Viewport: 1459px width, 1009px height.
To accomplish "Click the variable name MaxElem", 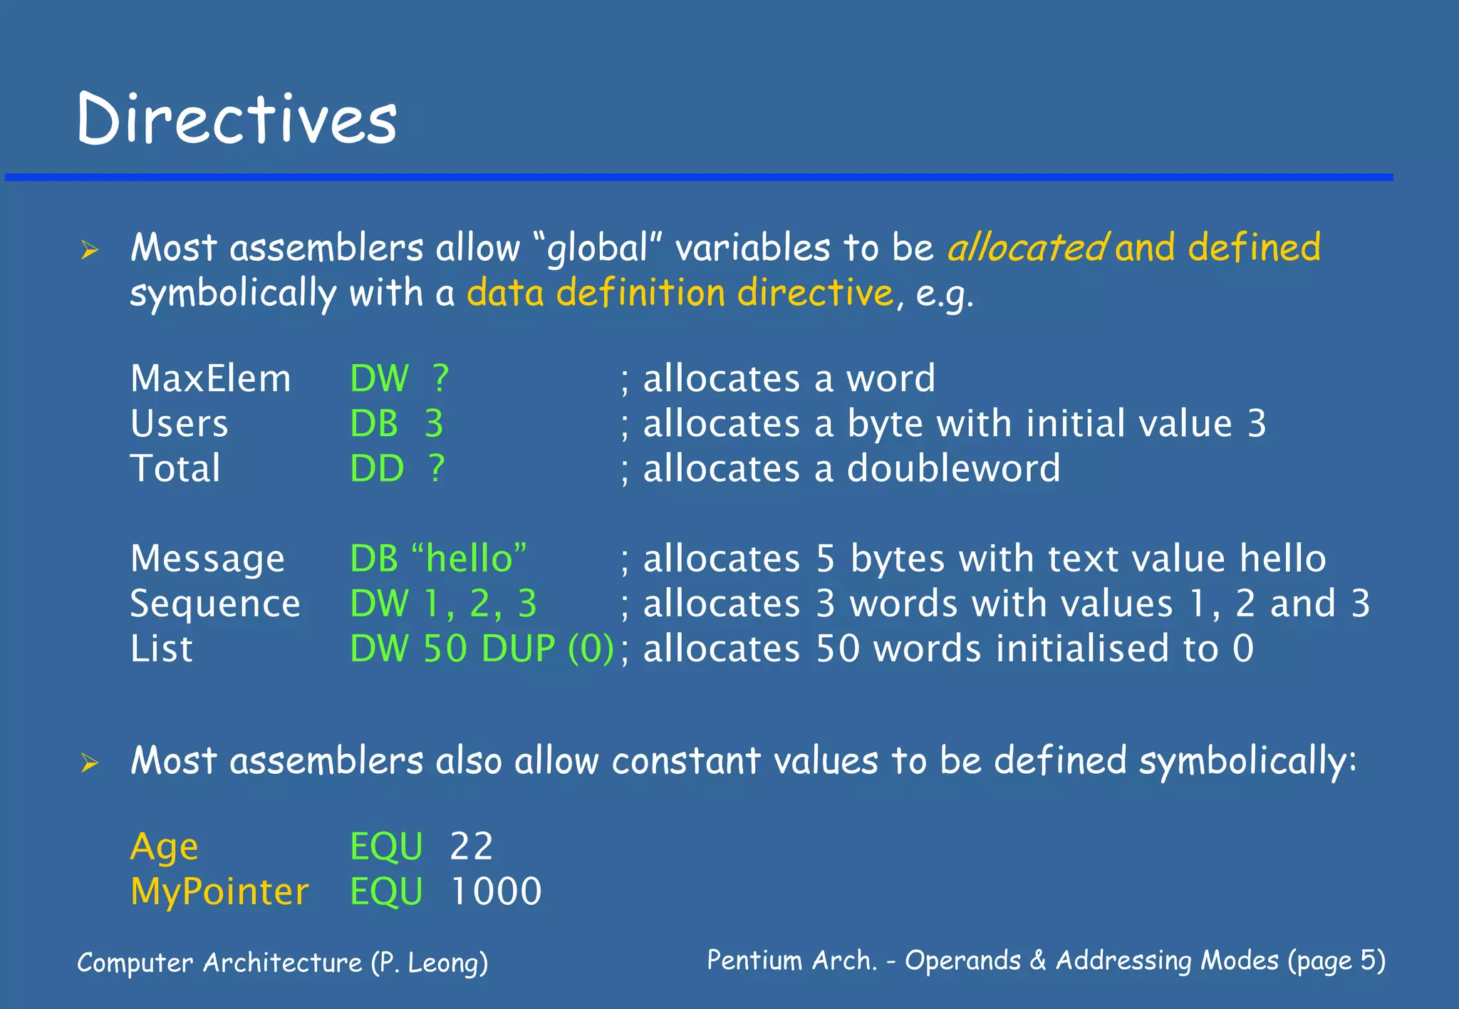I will coord(210,378).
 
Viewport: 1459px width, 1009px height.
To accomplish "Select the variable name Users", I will coord(179,423).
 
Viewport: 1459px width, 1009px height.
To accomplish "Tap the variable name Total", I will coord(175,469).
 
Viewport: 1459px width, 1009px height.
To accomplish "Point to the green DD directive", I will coord(377,469).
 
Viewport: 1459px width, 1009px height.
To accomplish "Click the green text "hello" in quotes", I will coord(469,558).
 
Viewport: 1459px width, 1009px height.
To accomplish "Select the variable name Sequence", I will coord(215,604).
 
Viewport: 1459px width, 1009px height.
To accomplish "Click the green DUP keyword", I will coord(518,648).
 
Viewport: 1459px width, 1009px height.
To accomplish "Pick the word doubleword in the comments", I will coord(953,469).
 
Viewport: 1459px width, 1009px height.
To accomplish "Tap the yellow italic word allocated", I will coord(1027,248).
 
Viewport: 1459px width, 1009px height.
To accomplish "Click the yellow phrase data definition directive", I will coord(680,293).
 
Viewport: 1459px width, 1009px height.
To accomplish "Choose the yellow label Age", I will coord(165,847).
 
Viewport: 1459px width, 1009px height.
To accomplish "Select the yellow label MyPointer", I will coord(219,892).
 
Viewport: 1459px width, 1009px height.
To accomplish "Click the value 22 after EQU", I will coord(472,847).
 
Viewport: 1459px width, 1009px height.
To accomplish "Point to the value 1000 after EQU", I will coord(497,891).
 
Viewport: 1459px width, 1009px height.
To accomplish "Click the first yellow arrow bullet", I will coord(90,250).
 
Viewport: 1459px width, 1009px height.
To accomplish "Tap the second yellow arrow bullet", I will coord(90,763).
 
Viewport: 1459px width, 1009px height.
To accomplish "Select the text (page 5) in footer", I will coord(1336,961).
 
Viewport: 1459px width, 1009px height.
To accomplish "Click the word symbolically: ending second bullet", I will coord(1247,761).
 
